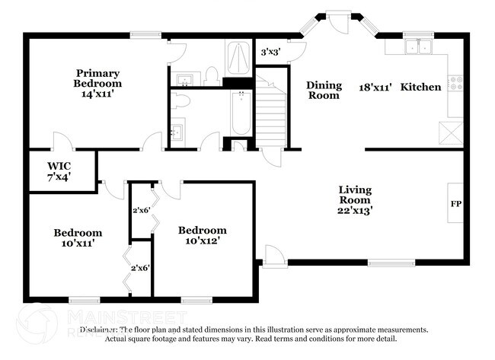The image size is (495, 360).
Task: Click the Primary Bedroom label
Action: coord(97,78)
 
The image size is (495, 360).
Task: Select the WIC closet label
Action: coord(59,166)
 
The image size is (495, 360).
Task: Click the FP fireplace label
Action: coord(456,204)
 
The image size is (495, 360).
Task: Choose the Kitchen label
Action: coord(421,87)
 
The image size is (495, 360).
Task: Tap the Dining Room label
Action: coord(324,90)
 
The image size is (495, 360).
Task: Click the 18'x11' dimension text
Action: coord(375,87)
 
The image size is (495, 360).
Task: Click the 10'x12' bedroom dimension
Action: coord(203,241)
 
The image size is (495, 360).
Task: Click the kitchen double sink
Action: coord(418,47)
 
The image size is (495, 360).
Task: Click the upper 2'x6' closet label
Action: coord(141,211)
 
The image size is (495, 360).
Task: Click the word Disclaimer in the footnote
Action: coord(100,330)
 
